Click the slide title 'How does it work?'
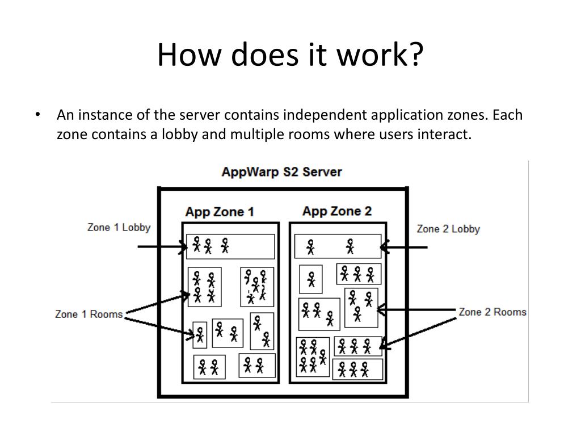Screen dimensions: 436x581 pos(290,55)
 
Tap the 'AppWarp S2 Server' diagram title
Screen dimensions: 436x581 pos(281,171)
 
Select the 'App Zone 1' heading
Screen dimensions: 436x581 pos(220,212)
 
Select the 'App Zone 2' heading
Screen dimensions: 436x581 pos(337,212)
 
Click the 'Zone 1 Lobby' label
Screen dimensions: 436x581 pos(119,227)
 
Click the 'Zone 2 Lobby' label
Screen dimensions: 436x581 pos(448,229)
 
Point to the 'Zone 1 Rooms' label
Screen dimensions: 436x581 pos(89,314)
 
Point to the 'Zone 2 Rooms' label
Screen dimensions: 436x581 pos(492,312)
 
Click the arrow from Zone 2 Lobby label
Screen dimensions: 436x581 pos(404,247)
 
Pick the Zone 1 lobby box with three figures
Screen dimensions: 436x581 pos(230,246)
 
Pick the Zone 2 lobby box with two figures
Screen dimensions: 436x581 pos(338,246)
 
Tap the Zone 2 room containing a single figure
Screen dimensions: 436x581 pos(311,279)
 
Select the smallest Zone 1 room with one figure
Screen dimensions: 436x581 pos(199,334)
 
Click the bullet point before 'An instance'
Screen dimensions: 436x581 pos(37,115)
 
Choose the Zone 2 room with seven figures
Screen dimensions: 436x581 pos(313,357)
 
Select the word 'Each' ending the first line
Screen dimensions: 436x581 pos(507,115)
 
